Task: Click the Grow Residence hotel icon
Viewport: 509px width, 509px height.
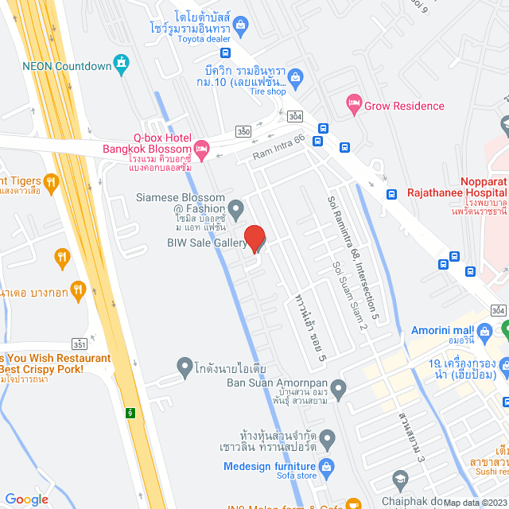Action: pyautogui.click(x=354, y=103)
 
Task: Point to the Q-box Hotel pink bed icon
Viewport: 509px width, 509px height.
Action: pyautogui.click(x=202, y=147)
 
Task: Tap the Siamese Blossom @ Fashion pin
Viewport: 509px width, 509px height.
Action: pyautogui.click(x=235, y=208)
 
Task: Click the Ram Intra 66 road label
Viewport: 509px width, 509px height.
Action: pyautogui.click(x=278, y=149)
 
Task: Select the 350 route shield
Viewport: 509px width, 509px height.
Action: pyautogui.click(x=243, y=131)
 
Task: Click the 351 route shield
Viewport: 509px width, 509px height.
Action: pyautogui.click(x=80, y=344)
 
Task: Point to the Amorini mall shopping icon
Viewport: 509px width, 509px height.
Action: pyautogui.click(x=484, y=330)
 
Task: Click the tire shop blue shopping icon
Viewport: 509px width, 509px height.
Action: pyautogui.click(x=296, y=77)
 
